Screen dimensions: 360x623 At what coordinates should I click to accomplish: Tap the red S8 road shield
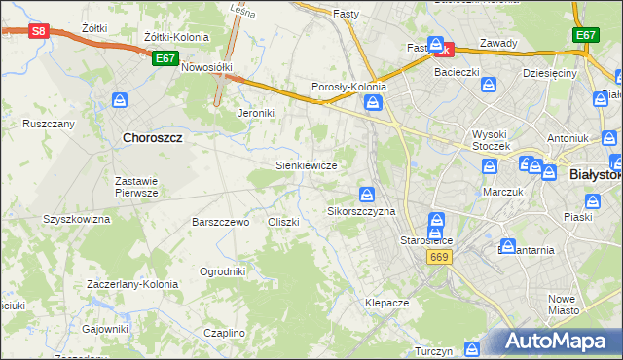pos(38,31)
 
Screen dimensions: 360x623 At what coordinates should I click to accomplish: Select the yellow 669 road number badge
pos(437,256)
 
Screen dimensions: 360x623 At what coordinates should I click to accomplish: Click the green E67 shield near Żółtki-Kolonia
pos(165,58)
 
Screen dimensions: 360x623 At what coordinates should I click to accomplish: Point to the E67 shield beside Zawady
pos(585,35)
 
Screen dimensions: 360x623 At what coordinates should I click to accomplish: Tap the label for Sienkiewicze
pos(307,165)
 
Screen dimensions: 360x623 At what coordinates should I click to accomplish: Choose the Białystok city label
pos(594,174)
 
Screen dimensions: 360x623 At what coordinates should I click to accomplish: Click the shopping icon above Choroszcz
pos(121,100)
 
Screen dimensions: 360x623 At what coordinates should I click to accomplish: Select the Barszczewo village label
pos(221,222)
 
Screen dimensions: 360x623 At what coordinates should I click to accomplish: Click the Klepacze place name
pos(386,303)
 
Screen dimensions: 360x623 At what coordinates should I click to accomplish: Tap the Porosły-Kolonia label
pos(348,87)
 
